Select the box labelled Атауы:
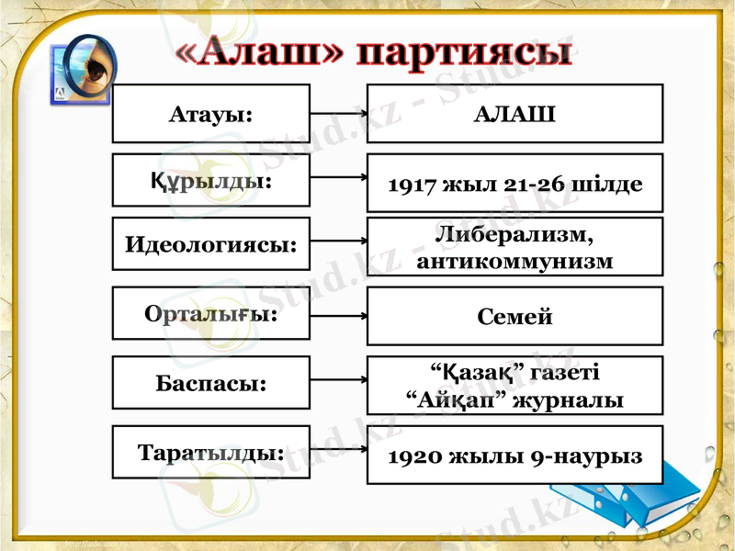pyautogui.click(x=210, y=114)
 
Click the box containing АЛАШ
pyautogui.click(x=514, y=114)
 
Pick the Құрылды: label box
pyautogui.click(x=210, y=180)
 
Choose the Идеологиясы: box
pyautogui.click(x=210, y=245)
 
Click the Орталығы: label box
pyautogui.click(x=210, y=313)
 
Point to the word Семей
pyautogui.click(x=514, y=317)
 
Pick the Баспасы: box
pyautogui.click(x=210, y=382)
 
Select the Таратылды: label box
pyautogui.click(x=210, y=452)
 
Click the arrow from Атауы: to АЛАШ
pyautogui.click(x=338, y=114)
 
